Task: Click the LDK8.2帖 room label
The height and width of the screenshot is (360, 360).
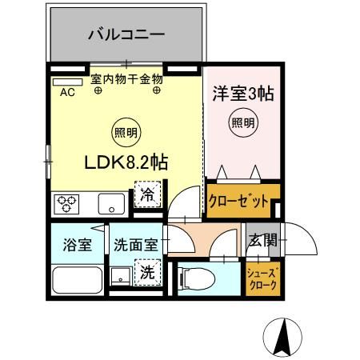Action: [126, 162]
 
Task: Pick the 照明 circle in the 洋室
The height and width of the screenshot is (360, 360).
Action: [243, 122]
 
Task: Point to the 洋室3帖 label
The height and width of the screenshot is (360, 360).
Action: [243, 94]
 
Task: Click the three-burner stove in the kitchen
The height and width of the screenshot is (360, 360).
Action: [66, 205]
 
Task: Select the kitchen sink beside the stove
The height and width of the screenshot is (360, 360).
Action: [110, 205]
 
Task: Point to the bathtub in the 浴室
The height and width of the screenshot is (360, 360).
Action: [77, 281]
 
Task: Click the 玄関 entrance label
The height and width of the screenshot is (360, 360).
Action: [262, 239]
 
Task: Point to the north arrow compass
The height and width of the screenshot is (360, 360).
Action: [281, 338]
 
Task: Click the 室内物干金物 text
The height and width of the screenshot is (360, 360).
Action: [126, 79]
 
